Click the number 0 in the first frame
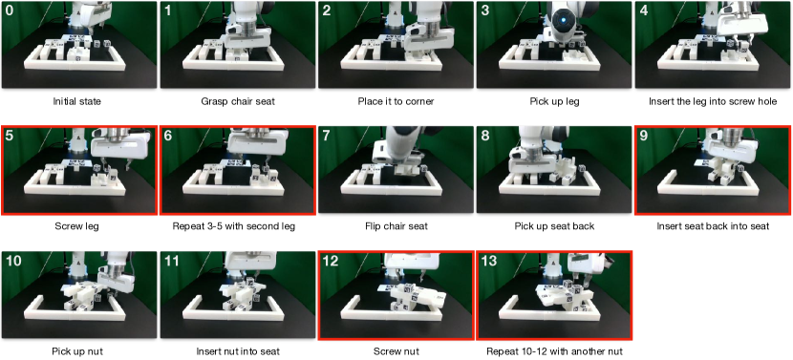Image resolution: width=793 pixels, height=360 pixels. point(10,11)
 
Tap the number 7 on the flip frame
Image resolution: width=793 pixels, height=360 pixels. point(326,136)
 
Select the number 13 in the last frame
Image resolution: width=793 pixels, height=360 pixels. point(489,261)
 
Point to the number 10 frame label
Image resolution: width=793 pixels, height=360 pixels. point(14,261)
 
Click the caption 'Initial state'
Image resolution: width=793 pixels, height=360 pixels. point(77,101)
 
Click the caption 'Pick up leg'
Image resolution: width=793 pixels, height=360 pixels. point(554,101)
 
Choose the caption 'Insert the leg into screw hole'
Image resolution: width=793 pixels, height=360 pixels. point(713,101)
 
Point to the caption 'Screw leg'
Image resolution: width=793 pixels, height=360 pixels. point(76,226)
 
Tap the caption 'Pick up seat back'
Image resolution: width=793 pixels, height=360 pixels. point(554,226)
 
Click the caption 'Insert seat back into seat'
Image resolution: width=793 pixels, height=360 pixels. point(713,226)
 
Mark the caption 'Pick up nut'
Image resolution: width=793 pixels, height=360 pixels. point(77,351)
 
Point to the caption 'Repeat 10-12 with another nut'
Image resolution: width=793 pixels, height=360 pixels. point(554,351)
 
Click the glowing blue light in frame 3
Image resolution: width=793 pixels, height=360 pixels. point(563,21)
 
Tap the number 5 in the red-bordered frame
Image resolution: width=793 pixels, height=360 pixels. point(10,136)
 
